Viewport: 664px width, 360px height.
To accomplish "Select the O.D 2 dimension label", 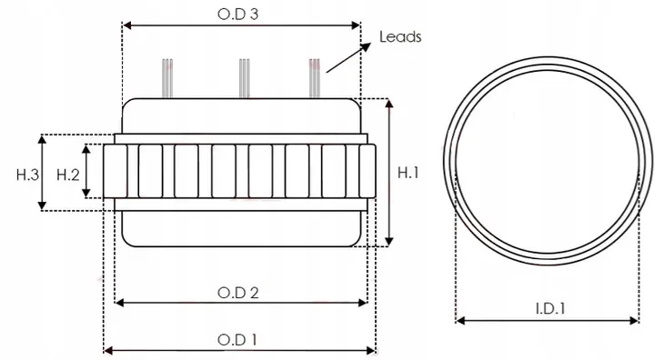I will pos(239,292).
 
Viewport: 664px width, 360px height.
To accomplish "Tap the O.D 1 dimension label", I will pos(238,339).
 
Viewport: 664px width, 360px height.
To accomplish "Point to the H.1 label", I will pos(408,171).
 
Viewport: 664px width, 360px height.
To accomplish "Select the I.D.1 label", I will pos(547,308).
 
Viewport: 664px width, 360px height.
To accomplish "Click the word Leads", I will pos(399,37).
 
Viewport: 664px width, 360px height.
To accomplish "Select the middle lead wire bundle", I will pos(243,75).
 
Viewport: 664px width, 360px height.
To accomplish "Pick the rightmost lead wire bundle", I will pos(315,75).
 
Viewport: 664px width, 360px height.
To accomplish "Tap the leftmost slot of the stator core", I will pos(114,173).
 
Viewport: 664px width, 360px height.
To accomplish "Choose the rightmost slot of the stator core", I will pos(367,173).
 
